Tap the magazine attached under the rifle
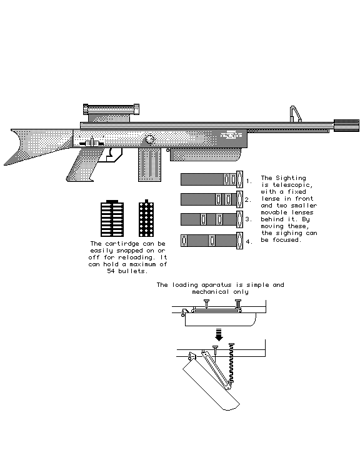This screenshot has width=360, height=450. [149, 164]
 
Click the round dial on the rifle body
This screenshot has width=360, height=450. [150, 139]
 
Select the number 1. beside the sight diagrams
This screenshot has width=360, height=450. [249, 181]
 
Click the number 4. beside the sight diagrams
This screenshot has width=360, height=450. [249, 242]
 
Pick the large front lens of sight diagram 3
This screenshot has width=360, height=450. [239, 219]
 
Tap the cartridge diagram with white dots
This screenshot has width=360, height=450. [146, 219]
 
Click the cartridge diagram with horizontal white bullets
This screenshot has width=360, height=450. [112, 219]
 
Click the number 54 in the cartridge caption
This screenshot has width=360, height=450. [111, 271]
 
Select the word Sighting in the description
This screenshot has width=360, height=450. [291, 178]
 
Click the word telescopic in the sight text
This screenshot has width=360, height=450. [292, 185]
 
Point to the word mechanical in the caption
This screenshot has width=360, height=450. [211, 292]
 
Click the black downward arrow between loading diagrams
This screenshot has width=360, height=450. [219, 334]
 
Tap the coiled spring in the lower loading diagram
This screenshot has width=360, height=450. [231, 363]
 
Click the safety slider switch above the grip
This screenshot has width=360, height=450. [92, 143]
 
